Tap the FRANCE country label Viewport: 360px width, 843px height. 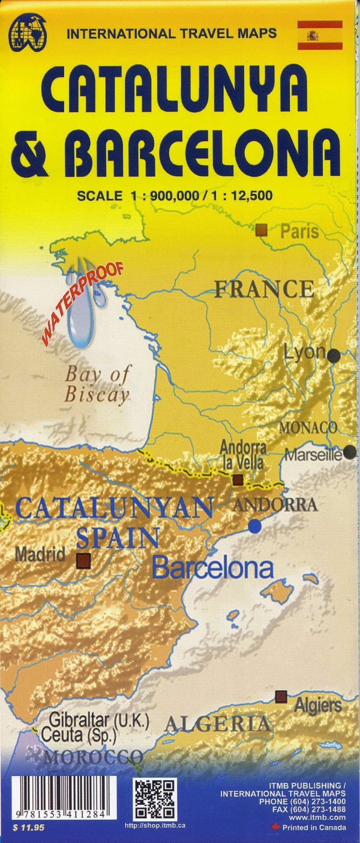[264, 289]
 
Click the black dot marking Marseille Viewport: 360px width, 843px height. [350, 452]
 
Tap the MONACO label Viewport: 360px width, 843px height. [309, 428]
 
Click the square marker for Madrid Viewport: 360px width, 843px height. [84, 560]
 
